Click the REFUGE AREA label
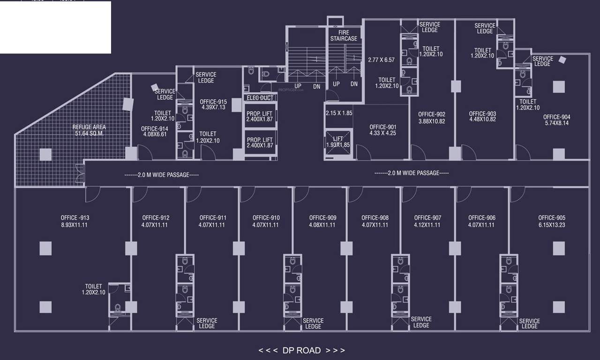(89, 127)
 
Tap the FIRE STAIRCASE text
(344, 36)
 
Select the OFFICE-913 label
(75, 218)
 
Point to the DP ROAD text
(302, 350)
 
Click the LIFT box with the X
(338, 140)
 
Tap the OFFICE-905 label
(552, 218)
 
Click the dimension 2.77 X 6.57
(381, 60)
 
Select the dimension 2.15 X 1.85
(339, 113)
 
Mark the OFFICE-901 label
(382, 127)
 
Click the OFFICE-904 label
(557, 117)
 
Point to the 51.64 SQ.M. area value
(89, 134)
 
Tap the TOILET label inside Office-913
(93, 286)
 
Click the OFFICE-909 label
(322, 218)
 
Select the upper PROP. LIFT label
(260, 114)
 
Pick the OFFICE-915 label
(213, 102)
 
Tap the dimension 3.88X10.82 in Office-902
(432, 121)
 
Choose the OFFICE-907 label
(427, 218)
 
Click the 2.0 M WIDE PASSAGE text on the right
(412, 173)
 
